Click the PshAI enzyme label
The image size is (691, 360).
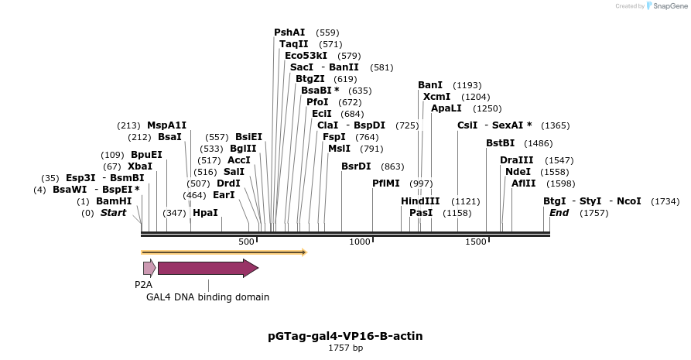[289, 33]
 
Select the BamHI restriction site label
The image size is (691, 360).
[114, 201]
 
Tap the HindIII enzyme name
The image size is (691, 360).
[420, 201]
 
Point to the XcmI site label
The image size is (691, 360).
[436, 97]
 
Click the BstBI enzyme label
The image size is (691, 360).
[500, 143]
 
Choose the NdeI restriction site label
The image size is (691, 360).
[518, 172]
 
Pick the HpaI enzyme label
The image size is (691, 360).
[205, 212]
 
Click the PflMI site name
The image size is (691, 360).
[386, 183]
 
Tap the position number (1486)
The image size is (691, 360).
[539, 143]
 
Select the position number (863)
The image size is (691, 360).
[393, 166]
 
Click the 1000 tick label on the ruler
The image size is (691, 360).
[360, 242]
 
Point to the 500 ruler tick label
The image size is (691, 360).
[247, 242]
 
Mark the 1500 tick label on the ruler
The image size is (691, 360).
[475, 242]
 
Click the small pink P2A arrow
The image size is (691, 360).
[149, 268]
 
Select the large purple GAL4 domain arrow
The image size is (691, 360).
[207, 268]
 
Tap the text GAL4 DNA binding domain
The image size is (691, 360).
[207, 297]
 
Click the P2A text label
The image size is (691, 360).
[143, 284]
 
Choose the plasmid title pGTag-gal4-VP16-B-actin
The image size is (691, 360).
[345, 336]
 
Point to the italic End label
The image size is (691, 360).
[559, 212]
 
